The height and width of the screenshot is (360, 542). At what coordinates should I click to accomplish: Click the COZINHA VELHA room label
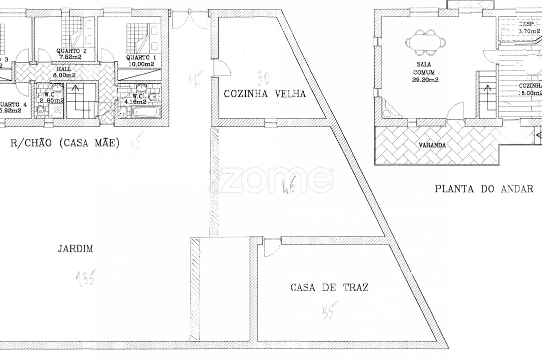point(264,93)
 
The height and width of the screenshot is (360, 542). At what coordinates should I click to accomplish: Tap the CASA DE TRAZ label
point(329,287)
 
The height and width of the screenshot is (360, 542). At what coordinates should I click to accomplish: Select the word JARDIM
point(75,248)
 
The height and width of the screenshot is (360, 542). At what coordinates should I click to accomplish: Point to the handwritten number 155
point(85,277)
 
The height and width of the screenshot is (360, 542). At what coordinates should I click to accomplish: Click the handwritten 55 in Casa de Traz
point(330,310)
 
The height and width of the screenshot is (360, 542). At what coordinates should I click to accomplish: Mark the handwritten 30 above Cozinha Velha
point(263,78)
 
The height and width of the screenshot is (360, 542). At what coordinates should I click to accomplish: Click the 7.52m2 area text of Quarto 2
point(70,57)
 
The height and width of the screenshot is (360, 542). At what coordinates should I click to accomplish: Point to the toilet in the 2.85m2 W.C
point(41,111)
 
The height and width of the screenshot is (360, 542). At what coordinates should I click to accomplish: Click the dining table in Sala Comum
point(426,42)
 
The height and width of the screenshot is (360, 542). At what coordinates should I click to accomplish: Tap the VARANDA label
point(433,145)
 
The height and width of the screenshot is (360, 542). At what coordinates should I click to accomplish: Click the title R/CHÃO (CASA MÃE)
point(65,143)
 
